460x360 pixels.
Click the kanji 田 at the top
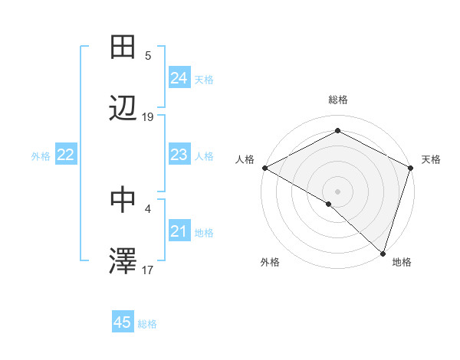[123, 47]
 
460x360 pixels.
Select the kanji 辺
[123, 110]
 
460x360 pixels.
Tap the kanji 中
[123, 199]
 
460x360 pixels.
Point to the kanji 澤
[123, 262]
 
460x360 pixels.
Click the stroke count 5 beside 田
[148, 55]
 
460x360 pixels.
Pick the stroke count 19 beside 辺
[148, 117]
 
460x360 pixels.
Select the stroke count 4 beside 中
[148, 207]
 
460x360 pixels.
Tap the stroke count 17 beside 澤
[148, 270]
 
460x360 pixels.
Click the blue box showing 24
[179, 78]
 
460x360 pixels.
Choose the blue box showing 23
[179, 155]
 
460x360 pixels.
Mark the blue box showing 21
[179, 231]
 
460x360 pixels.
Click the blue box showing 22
[66, 155]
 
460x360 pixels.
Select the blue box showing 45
[123, 322]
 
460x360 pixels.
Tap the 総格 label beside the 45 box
[147, 324]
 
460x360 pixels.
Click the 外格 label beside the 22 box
[41, 156]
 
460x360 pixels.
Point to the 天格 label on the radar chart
[431, 159]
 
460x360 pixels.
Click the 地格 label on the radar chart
[402, 262]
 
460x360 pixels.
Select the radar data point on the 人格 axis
[264, 168]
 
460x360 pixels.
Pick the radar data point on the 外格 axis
[329, 205]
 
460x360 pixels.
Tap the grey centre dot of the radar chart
[337, 191]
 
